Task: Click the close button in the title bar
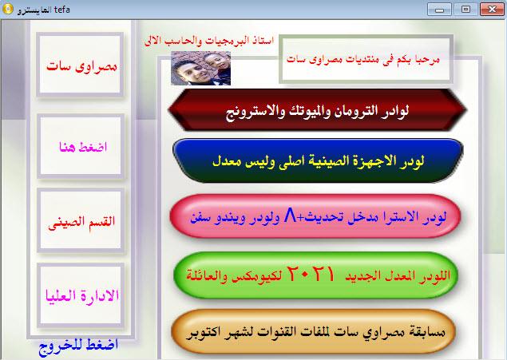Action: [492, 10]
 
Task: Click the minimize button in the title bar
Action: [439, 10]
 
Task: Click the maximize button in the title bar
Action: [465, 10]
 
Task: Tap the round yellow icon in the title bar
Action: [8, 9]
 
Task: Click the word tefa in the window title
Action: [62, 10]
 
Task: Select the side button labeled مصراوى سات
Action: [80, 65]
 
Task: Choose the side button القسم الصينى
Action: [81, 220]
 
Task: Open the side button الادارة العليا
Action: [81, 295]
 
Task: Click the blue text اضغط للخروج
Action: [78, 346]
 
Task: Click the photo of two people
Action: [200, 68]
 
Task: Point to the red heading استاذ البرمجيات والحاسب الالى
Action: [209, 41]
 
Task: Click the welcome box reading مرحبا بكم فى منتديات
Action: [366, 59]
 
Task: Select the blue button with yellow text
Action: [318, 160]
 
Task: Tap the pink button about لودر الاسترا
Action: [315, 216]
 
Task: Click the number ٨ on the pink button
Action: [290, 216]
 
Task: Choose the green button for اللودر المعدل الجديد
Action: [316, 275]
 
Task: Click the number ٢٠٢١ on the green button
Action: [311, 274]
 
